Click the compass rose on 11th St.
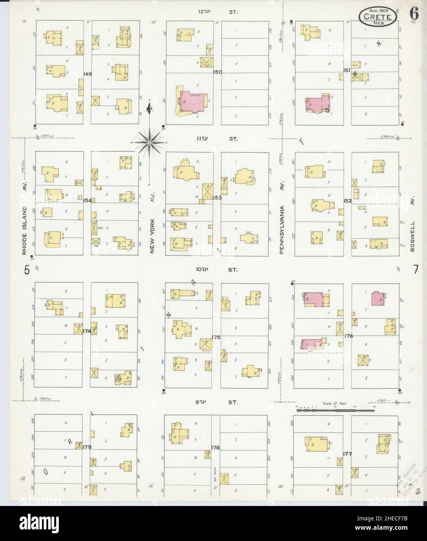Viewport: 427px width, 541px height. click(x=149, y=143)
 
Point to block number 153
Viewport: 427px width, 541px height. click(x=217, y=198)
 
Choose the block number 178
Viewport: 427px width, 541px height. click(x=215, y=448)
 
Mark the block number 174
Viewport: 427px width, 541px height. click(x=86, y=331)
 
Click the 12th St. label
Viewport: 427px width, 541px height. click(x=217, y=12)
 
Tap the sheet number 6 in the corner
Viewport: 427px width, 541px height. click(x=414, y=13)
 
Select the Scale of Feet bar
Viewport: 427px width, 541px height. click(x=334, y=410)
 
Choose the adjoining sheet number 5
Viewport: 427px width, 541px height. click(x=27, y=270)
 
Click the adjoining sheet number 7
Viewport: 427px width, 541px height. click(x=416, y=269)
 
